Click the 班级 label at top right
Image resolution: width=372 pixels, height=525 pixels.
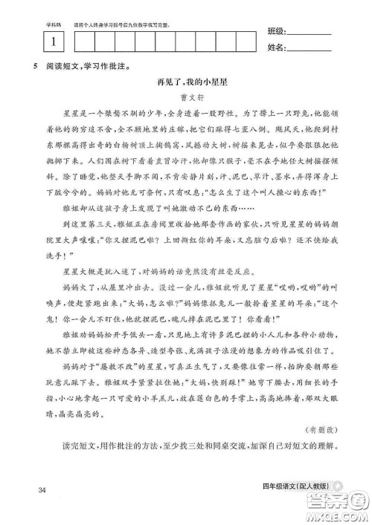point(275,32)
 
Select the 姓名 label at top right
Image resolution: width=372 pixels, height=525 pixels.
point(275,49)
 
